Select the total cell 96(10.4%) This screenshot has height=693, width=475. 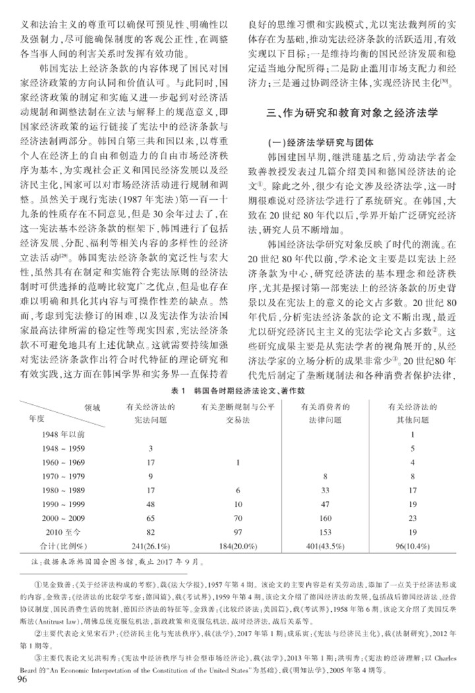click(x=411, y=545)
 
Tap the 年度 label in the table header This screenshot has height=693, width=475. click(x=36, y=418)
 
